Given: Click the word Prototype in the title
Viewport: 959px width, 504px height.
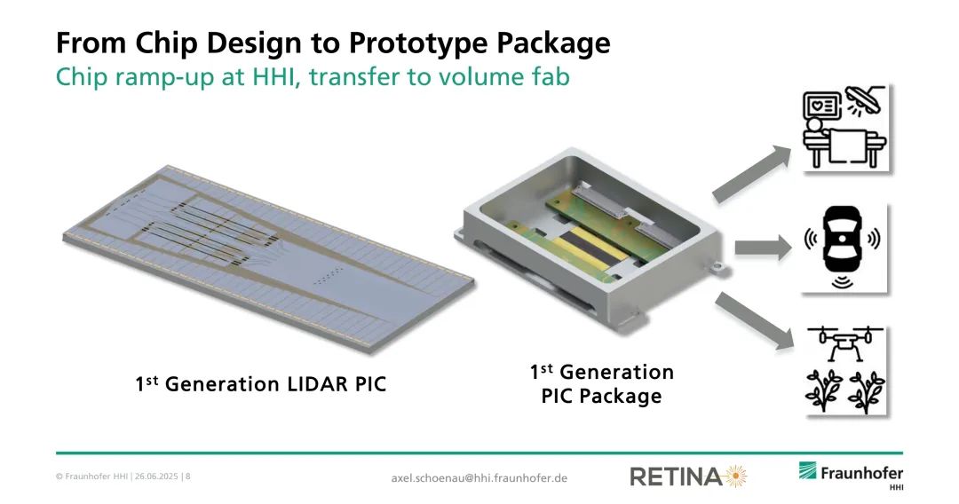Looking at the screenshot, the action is point(417,43).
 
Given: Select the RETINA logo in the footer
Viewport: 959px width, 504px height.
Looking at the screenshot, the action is point(688,476).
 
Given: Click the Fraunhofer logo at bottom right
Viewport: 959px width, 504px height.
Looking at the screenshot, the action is point(851,476).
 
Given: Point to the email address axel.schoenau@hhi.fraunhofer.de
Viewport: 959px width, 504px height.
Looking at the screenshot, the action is point(479,477).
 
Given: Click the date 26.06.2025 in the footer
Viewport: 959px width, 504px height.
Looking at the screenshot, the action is point(156,476).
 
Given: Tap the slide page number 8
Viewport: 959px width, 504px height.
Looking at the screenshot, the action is point(187,476).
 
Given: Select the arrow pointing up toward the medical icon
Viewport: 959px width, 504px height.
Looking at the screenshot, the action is point(752,174).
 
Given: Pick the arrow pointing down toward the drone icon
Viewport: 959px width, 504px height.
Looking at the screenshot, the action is point(755,320).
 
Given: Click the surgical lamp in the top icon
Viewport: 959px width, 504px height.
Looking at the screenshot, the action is point(864,101).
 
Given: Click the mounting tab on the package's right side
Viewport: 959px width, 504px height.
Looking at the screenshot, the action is point(713,267).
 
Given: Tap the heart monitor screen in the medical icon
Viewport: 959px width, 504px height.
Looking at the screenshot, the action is point(820,106).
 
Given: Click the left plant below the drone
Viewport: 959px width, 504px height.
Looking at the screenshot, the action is point(824,390).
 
